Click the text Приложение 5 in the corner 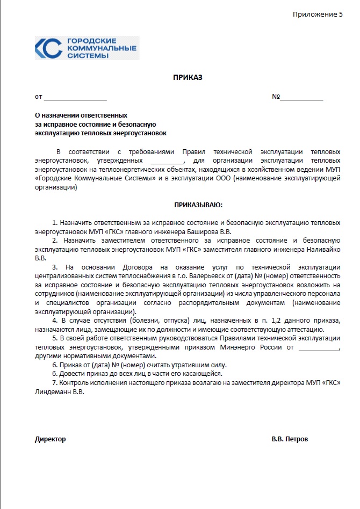[x=318, y=14]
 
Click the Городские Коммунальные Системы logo [x=87, y=48]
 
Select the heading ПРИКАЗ [x=188, y=78]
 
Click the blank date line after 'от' [x=75, y=98]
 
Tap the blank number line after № [x=301, y=98]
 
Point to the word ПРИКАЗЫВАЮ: [x=198, y=205]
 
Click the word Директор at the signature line [x=51, y=439]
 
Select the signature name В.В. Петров [x=290, y=439]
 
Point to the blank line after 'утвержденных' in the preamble [x=167, y=160]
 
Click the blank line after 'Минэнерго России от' [x=319, y=347]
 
